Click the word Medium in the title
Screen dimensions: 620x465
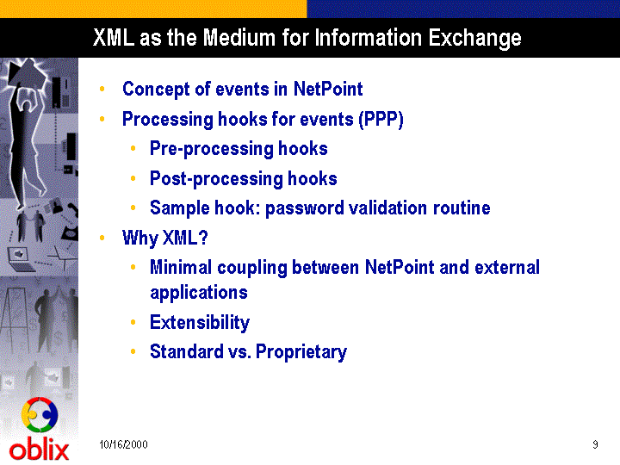tap(239, 38)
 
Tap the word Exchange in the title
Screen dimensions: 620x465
tap(474, 39)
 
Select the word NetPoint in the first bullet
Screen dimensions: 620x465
tap(328, 89)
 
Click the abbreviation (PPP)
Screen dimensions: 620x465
tap(381, 120)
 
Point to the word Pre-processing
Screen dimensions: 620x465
tap(211, 150)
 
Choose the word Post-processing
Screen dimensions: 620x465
tap(216, 179)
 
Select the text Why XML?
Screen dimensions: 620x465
tap(164, 239)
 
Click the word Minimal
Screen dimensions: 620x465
tap(181, 267)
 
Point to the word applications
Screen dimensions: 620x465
tap(199, 293)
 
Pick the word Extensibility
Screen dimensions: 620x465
tap(200, 323)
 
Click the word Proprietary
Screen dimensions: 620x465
tap(301, 352)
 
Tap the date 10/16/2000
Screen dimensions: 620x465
tap(123, 444)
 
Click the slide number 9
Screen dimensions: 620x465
tap(595, 444)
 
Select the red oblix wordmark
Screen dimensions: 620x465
tap(39, 450)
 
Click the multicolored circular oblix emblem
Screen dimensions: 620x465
tap(40, 415)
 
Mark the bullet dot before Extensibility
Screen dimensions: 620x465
tap(133, 322)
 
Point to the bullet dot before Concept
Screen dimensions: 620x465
tap(102, 89)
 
